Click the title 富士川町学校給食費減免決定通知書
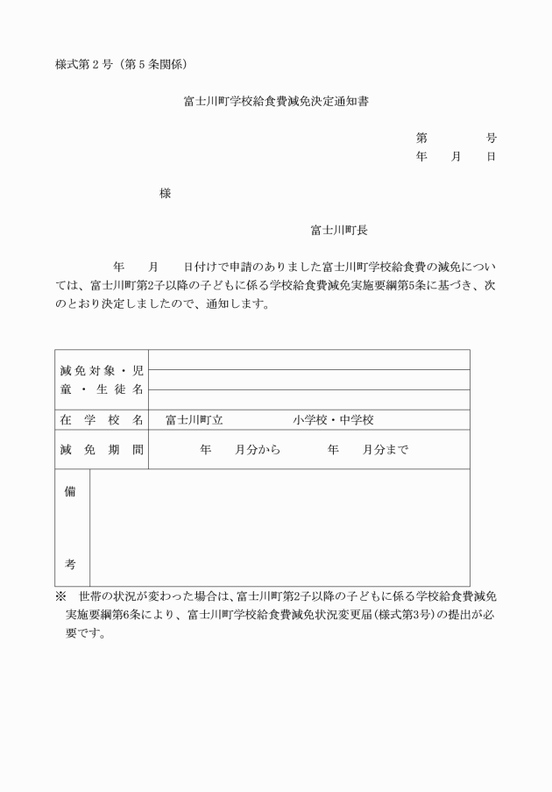coord(276,102)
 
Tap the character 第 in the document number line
coord(421,138)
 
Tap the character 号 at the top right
coord(492,138)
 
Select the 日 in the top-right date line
coord(492,156)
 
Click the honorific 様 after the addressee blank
coord(165,193)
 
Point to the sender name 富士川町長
coord(339,230)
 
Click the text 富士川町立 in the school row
coord(195,420)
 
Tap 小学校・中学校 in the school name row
coord(334,420)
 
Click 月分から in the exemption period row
coord(258,450)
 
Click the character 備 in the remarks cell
coord(70,491)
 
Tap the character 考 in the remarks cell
coord(70,564)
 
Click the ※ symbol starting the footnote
coord(60,596)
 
